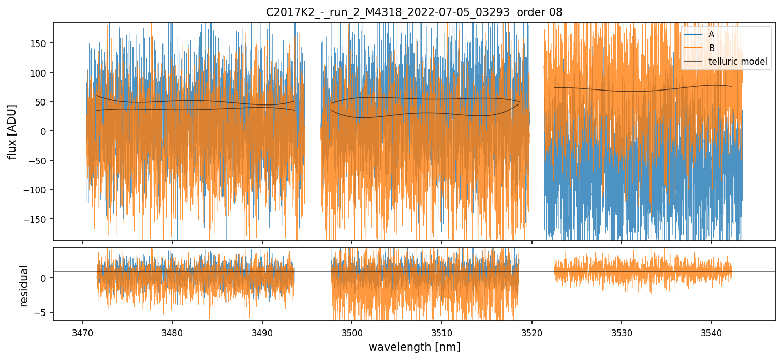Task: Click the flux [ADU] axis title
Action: click(x=12, y=131)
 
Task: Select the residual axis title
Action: click(x=23, y=286)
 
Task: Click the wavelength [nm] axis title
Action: click(x=414, y=347)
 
